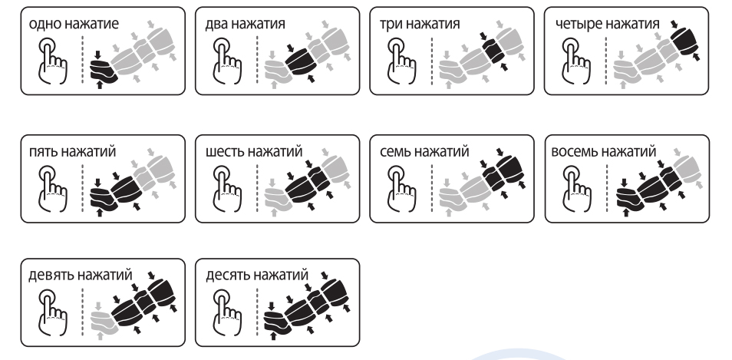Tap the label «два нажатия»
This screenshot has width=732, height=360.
[x=245, y=23]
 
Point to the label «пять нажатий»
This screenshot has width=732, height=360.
[x=72, y=151]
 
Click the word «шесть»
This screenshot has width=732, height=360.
[x=225, y=151]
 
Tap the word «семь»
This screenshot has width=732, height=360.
[x=395, y=151]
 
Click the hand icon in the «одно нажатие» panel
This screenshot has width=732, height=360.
[x=52, y=61]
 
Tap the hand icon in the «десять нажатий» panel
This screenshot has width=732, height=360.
[x=227, y=312]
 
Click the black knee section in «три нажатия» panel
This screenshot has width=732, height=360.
[x=494, y=51]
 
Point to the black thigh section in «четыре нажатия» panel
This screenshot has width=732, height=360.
[x=685, y=41]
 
